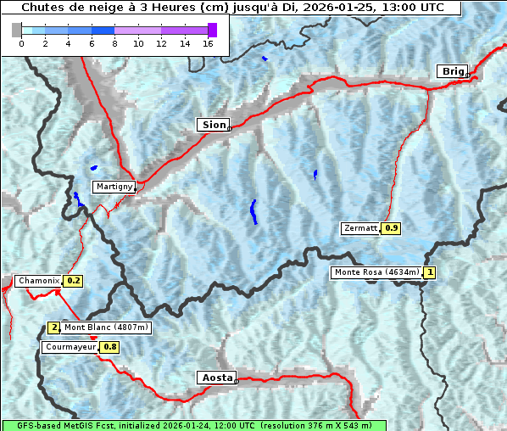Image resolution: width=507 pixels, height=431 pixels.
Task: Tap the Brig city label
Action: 451,71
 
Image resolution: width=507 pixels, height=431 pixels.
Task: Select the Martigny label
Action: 113,187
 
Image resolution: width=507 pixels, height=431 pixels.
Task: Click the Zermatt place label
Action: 360,228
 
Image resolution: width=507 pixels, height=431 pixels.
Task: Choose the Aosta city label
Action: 215,378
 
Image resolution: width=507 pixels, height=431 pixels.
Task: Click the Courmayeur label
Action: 70,347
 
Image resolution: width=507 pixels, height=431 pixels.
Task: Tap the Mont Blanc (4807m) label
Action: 106,327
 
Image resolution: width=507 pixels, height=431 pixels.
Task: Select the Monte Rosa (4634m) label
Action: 376,272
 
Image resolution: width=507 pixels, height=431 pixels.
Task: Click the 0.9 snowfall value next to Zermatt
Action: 391,228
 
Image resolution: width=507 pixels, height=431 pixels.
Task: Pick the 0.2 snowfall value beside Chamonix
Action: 73,281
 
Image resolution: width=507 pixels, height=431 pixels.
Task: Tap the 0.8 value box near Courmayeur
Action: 110,347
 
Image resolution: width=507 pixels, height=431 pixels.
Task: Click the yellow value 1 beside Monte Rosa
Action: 430,272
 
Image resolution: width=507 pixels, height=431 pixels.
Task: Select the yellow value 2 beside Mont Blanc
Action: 54,327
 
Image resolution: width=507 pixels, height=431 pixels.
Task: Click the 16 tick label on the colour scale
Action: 208,43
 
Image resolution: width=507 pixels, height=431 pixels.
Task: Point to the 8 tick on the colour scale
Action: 114,43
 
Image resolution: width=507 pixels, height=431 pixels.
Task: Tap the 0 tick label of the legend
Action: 21,43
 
